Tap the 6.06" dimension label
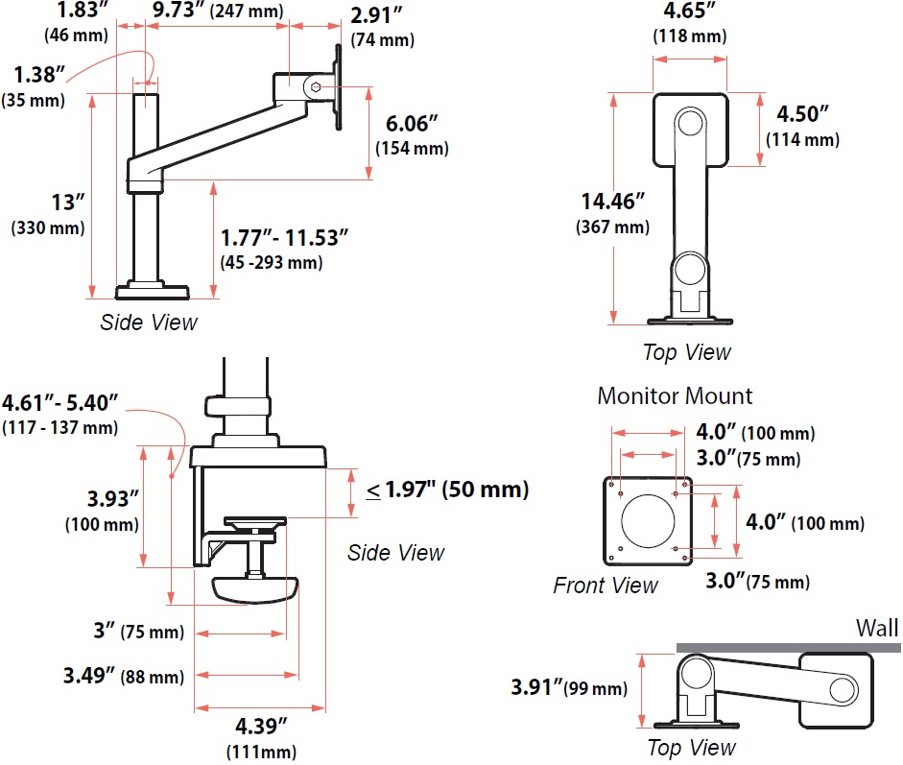pos(412,125)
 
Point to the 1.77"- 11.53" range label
pos(284,236)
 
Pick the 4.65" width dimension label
pos(688,13)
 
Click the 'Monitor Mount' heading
pos(675,395)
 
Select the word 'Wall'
pos(877,628)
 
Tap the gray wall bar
pos(787,648)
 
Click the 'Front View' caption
pos(606,585)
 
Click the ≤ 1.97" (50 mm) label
pos(447,490)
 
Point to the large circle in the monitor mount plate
pos(648,520)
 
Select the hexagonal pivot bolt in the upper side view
pos(316,86)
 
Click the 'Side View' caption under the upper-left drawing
pos(149,322)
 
